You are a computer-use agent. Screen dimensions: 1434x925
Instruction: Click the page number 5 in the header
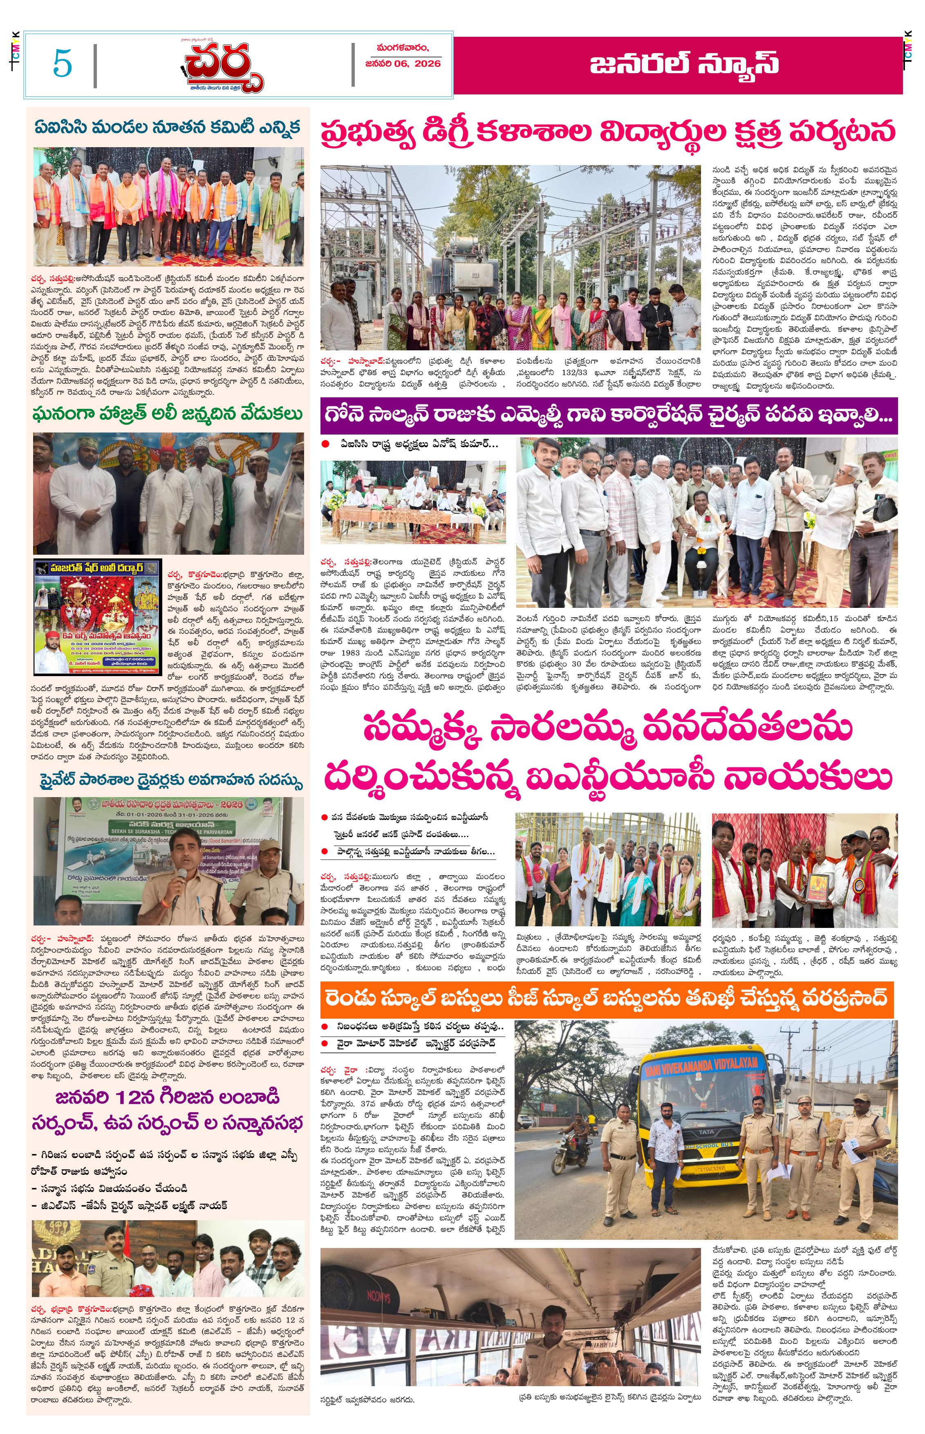63,63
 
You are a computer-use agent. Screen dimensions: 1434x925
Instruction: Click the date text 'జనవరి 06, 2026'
403,63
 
